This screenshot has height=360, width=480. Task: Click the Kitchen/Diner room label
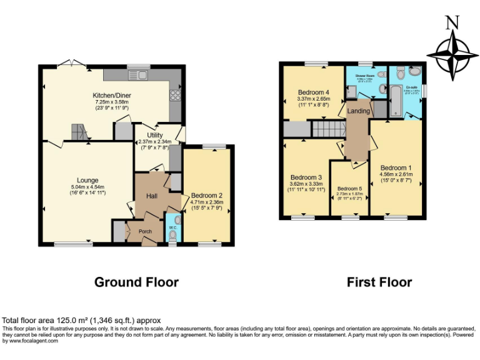[x=112, y=96]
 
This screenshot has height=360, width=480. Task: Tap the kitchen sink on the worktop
[x=138, y=76]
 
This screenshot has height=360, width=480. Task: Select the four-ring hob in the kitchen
[x=175, y=96]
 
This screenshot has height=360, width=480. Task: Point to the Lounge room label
[x=87, y=180]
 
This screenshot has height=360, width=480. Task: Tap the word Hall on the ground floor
[x=151, y=196]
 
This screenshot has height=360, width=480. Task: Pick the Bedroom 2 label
[x=206, y=195]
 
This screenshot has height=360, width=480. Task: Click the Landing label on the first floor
[x=359, y=111]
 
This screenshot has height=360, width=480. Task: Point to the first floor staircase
[x=328, y=129]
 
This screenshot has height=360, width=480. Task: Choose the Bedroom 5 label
[x=349, y=188]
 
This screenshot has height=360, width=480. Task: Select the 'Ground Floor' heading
[x=136, y=282]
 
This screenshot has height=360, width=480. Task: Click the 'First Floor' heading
[x=379, y=282]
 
